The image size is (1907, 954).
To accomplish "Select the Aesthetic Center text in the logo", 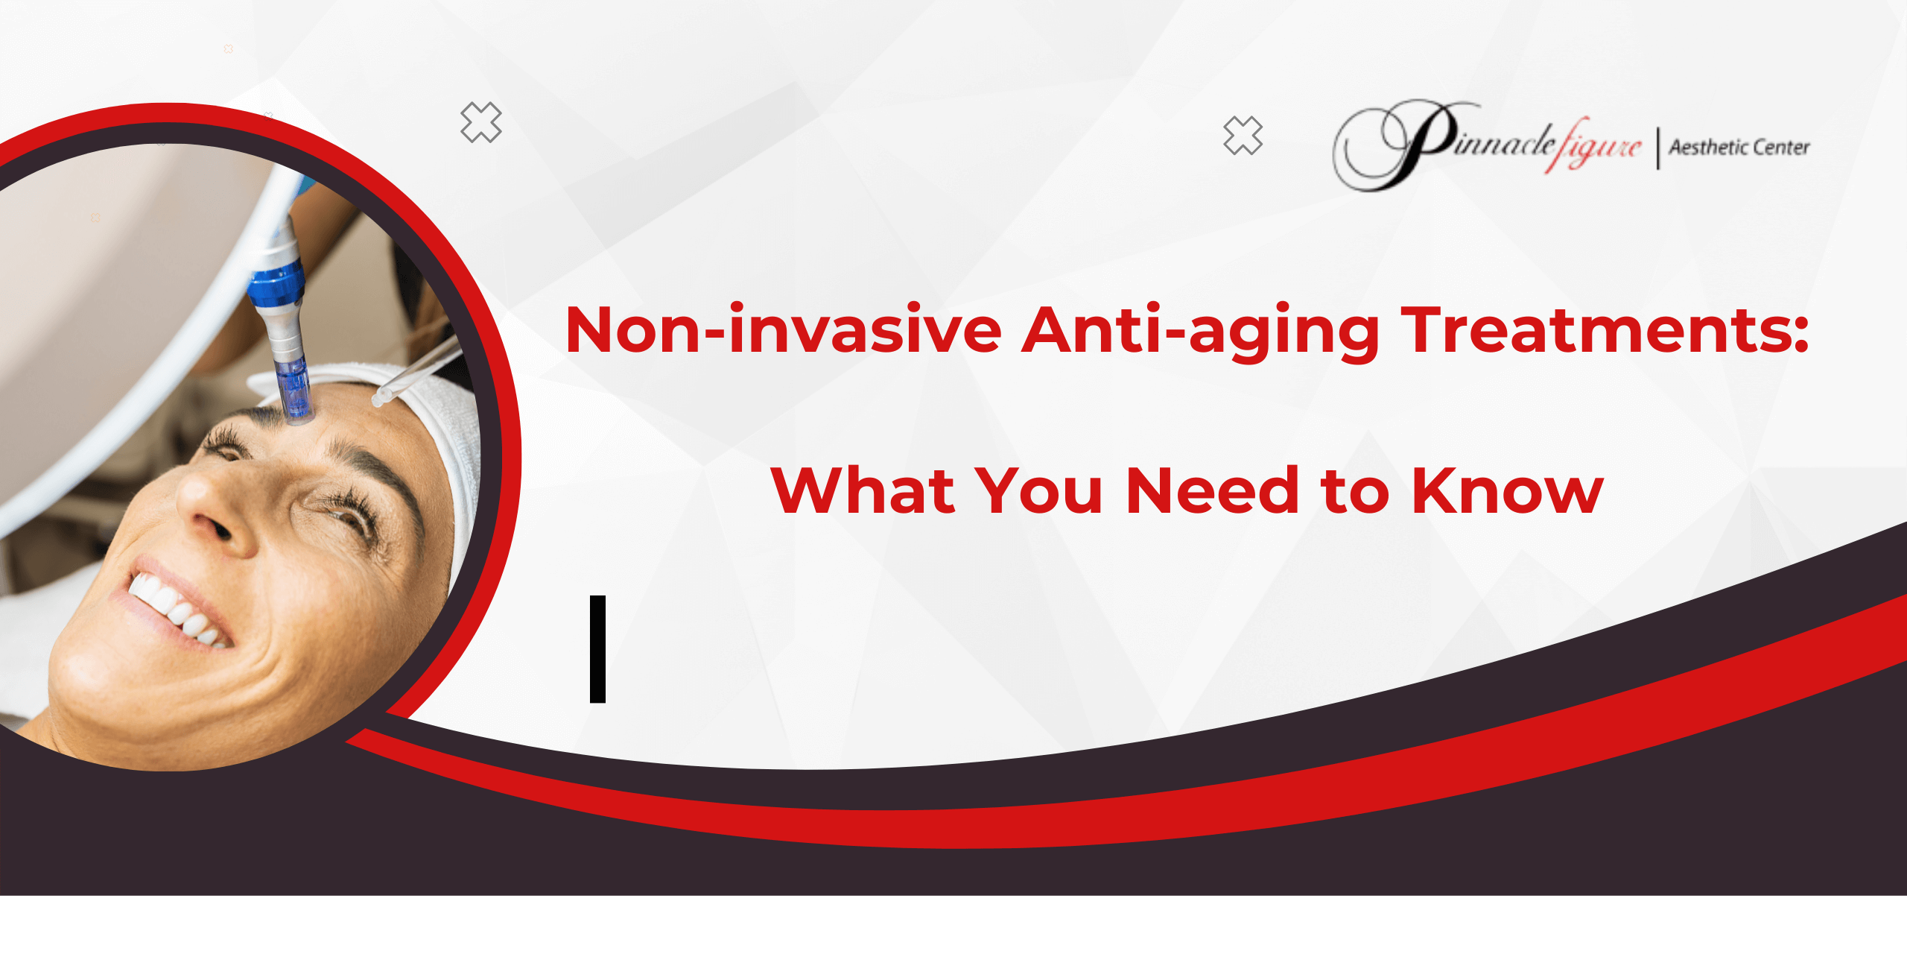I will pyautogui.click(x=1739, y=148).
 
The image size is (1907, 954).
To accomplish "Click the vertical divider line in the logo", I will pyautogui.click(x=1658, y=148).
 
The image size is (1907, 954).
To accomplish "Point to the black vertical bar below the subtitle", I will pyautogui.click(x=597, y=648).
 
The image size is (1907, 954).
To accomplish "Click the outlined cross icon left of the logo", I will pyautogui.click(x=1243, y=136).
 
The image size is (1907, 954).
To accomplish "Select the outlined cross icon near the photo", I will pyautogui.click(x=481, y=122).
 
